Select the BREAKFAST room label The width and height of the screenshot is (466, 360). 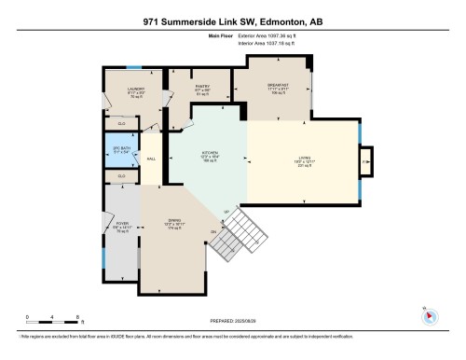click(278, 85)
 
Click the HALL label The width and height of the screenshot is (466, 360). click(151, 159)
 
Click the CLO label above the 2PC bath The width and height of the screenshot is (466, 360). click(121, 122)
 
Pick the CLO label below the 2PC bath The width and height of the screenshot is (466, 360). click(121, 175)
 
